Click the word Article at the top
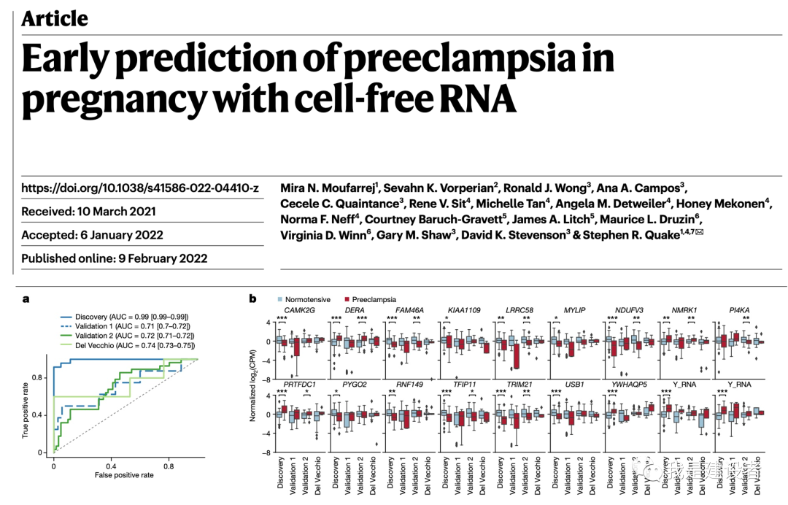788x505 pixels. pyautogui.click(x=55, y=18)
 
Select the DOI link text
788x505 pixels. pyautogui.click(x=140, y=188)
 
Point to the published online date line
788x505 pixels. pyautogui.click(x=114, y=258)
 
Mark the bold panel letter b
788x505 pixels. pyautogui.click(x=253, y=298)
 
